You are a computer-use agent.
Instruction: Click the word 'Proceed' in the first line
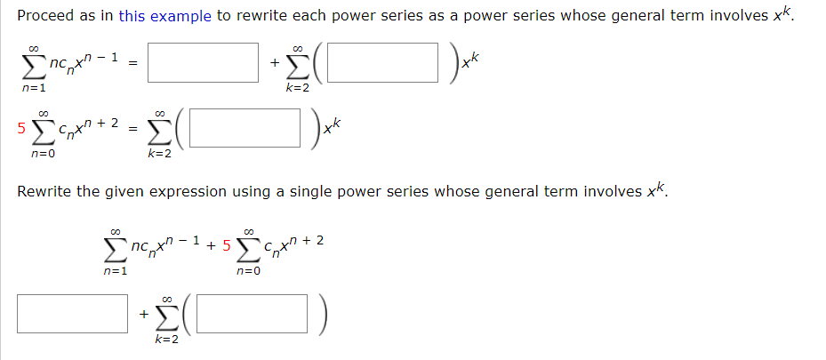[45, 16]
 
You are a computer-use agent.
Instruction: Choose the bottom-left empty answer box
[71, 315]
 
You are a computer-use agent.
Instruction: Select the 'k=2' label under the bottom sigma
[167, 340]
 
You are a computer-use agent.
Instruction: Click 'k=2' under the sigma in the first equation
[297, 87]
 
